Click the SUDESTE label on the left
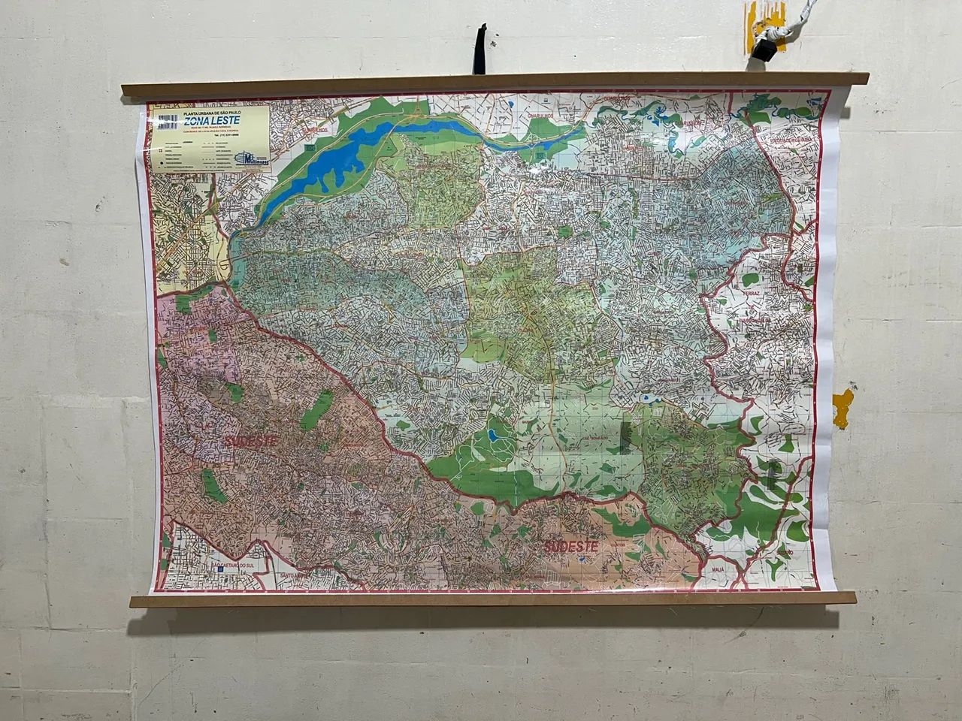pos(250,439)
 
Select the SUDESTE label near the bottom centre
pos(571,546)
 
